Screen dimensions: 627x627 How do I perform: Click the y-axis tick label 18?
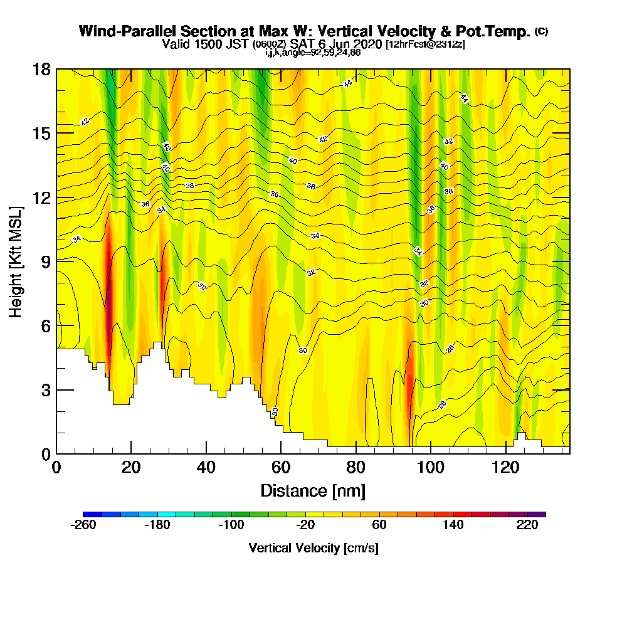click(x=43, y=69)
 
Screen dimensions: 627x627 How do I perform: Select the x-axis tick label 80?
click(x=356, y=468)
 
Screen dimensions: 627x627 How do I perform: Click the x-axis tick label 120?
click(x=505, y=468)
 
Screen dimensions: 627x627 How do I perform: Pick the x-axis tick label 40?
click(x=206, y=468)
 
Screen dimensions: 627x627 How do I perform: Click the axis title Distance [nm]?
click(x=313, y=490)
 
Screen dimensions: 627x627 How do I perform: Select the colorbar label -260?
click(x=83, y=525)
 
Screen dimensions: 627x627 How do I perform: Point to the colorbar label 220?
click(x=527, y=525)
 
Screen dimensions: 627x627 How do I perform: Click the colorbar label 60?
click(x=379, y=525)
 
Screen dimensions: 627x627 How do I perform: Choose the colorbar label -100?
click(x=231, y=525)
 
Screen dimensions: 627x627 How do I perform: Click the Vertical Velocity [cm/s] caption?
click(x=313, y=548)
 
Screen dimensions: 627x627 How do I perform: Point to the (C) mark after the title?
click(x=541, y=31)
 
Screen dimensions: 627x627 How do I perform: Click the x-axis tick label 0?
click(x=56, y=468)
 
